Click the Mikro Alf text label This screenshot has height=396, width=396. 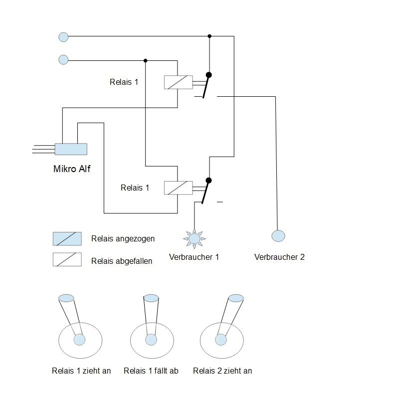coord(72,169)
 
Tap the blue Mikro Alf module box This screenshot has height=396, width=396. coord(71,149)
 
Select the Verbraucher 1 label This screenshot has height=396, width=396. coord(194,257)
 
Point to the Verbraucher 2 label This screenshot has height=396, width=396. coord(279,257)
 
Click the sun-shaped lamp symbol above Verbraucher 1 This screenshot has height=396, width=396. coord(195,239)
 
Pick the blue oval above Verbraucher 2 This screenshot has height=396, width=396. coord(278,236)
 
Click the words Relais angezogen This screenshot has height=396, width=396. coord(123,239)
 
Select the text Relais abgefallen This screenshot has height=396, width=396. coord(122,261)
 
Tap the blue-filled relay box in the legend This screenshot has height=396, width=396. coord(67,239)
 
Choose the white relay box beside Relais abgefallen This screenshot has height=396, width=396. coord(67,259)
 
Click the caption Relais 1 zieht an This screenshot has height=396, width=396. coord(81,371)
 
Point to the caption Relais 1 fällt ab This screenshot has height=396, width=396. coord(151,371)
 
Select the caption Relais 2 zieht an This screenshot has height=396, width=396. coord(222,371)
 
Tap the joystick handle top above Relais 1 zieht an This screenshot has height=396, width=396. coord(66,298)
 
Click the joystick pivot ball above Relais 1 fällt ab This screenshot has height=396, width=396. coord(151,340)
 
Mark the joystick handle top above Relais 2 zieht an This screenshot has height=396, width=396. coord(236,298)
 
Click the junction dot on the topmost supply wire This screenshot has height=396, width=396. coord(209,36)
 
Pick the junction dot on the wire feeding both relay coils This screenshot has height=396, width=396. coord(145,61)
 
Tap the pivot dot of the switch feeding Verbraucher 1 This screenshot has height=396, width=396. coord(208,181)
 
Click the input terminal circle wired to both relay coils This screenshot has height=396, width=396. coord(63,60)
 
